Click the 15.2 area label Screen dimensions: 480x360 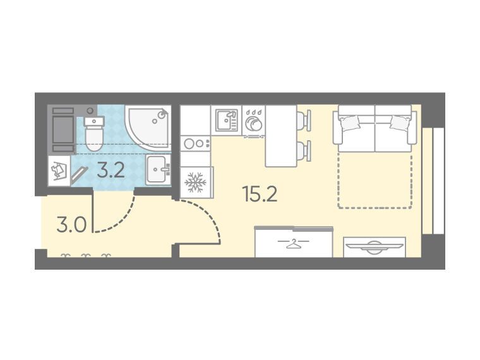pos(260,194)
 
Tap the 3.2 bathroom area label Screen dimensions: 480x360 pos(111,171)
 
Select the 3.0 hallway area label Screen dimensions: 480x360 pos(71,225)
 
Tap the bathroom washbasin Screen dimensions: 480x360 pos(159,169)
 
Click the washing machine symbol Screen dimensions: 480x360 pos(59,171)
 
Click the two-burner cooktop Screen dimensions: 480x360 pos(195,143)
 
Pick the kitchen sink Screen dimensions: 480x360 pos(227,120)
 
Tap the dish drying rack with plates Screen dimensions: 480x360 pos(254,121)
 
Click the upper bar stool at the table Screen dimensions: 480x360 pos(304,120)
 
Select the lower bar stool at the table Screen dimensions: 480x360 pos(304,150)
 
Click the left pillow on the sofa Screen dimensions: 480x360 pos(350,122)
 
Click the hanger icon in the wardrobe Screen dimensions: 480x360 pos(293,243)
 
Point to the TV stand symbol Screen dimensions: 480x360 pos(375,247)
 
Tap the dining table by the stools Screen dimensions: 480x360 pos(281,136)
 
